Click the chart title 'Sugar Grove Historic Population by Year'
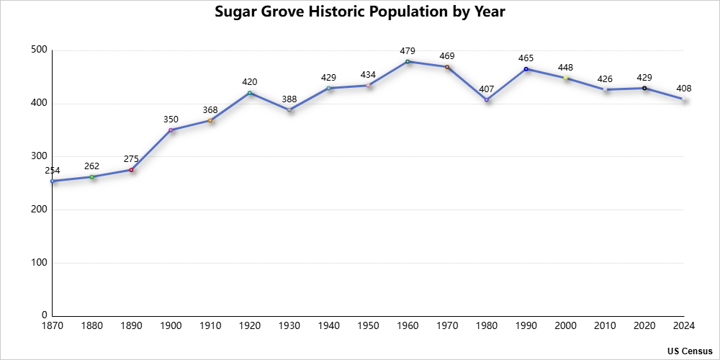point(360,12)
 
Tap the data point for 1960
point(408,61)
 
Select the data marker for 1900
point(171,130)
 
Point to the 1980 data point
point(487,99)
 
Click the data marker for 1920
point(250,93)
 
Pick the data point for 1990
point(526,69)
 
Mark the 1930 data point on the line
point(289,109)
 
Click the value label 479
point(408,51)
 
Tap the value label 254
point(53,171)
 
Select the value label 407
point(487,89)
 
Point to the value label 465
point(526,58)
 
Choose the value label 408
point(683,89)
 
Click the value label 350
point(171,119)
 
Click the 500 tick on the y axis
point(39,50)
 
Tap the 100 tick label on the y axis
point(39,263)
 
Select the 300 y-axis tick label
point(39,156)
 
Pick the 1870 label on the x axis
point(53,326)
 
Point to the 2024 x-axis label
point(683,326)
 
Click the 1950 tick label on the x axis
point(368,326)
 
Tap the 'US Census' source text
point(689,351)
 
